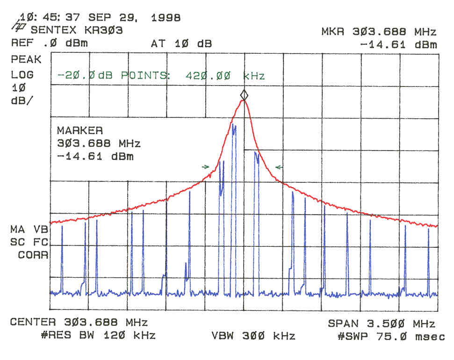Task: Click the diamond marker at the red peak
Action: click(244, 95)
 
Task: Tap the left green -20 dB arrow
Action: click(205, 166)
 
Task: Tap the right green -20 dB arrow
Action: click(279, 167)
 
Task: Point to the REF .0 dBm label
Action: click(49, 44)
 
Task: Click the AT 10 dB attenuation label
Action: click(181, 44)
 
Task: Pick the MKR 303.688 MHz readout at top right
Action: click(379, 32)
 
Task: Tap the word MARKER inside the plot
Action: click(79, 130)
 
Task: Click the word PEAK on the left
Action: click(26, 60)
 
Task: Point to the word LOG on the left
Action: click(22, 75)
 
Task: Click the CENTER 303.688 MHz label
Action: click(79, 323)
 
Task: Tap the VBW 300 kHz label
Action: click(253, 336)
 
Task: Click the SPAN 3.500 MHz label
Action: click(382, 324)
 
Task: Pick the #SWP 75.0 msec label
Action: click(391, 336)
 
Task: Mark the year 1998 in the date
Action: click(166, 18)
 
